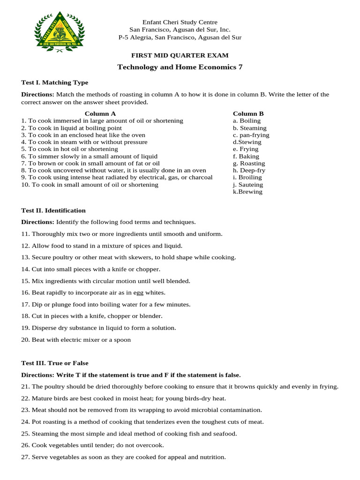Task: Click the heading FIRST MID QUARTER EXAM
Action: pyautogui.click(x=180, y=55)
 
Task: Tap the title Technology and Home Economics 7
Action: pyautogui.click(x=180, y=67)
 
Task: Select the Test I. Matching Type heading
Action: pyautogui.click(x=54, y=82)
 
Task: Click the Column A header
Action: pyautogui.click(x=100, y=113)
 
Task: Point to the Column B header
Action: pyautogui.click(x=248, y=113)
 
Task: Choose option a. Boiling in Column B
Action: pyautogui.click(x=247, y=121)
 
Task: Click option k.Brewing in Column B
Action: pyautogui.click(x=247, y=192)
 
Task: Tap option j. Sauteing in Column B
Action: pyautogui.click(x=248, y=185)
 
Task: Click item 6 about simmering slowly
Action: pyautogui.click(x=89, y=157)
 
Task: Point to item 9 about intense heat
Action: pyautogui.click(x=117, y=178)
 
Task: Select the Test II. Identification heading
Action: pyautogui.click(x=53, y=210)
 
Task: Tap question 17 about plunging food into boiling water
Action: pyautogui.click(x=105, y=304)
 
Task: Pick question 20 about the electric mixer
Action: pyautogui.click(x=76, y=340)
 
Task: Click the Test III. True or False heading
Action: pyautogui.click(x=54, y=363)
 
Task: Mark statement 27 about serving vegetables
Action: pyautogui.click(x=123, y=457)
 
